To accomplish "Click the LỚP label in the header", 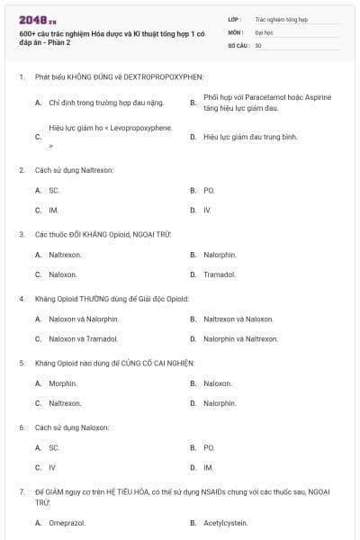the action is (x=234, y=18).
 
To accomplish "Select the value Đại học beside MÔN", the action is (x=265, y=31).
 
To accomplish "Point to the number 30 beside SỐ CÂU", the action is (x=258, y=44).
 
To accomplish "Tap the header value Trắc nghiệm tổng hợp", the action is (x=281, y=18).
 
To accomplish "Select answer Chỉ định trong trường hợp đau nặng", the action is (x=104, y=103).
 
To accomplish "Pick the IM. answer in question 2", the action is (x=54, y=210).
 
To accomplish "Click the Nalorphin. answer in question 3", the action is (x=220, y=254).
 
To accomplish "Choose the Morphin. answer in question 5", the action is (x=62, y=383).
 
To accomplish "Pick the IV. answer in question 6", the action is (x=53, y=467).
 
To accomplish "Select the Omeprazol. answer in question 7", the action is (x=67, y=521).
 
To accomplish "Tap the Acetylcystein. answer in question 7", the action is (x=225, y=521).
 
